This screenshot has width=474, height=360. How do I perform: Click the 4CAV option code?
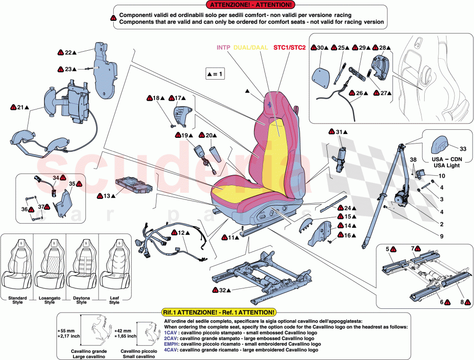170,350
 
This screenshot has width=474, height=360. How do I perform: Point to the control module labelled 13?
134,186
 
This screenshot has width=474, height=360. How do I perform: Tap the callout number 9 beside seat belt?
441,236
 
